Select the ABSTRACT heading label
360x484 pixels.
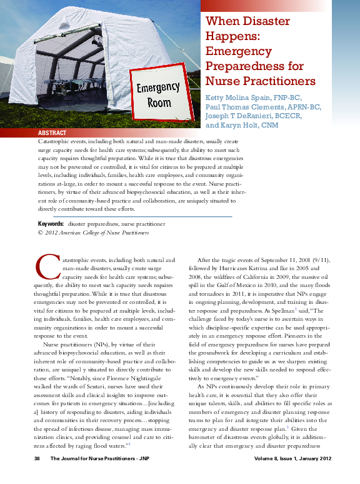coord(52,134)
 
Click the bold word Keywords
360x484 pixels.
coord(51,223)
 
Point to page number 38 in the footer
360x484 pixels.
coord(37,460)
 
